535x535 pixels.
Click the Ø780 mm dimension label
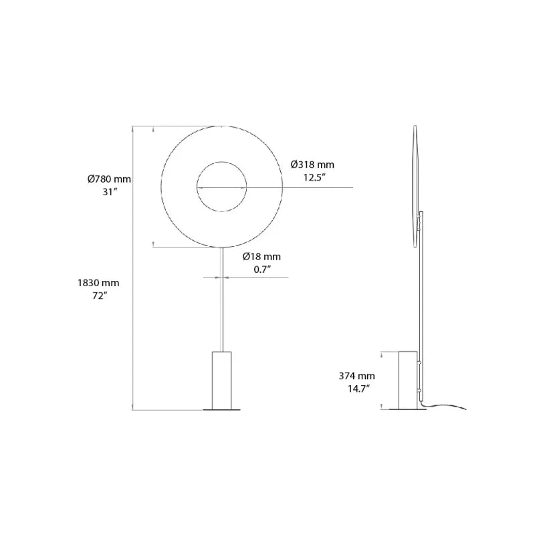pyautogui.click(x=109, y=179)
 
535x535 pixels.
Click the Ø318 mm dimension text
pyautogui.click(x=312, y=165)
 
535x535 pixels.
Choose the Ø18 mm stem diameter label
pyautogui.click(x=261, y=256)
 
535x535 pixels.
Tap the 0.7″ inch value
pyautogui.click(x=261, y=269)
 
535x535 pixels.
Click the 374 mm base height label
pyautogui.click(x=356, y=376)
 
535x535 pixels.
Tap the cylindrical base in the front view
pyautogui.click(x=222, y=378)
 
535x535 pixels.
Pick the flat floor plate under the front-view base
pyautogui.click(x=222, y=409)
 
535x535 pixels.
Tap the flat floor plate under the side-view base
pyautogui.click(x=409, y=409)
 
